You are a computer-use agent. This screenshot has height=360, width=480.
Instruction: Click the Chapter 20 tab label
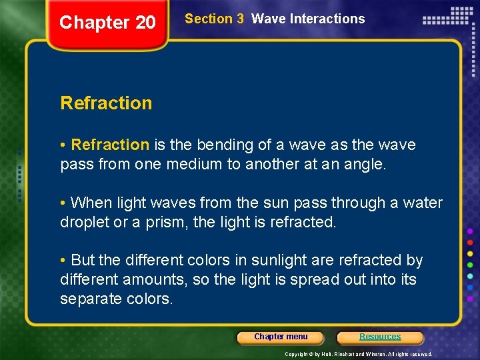(107, 23)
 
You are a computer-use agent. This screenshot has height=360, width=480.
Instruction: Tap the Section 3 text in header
(214, 19)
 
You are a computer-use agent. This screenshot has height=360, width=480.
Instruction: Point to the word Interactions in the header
(327, 19)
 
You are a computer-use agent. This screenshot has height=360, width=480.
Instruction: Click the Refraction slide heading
(106, 103)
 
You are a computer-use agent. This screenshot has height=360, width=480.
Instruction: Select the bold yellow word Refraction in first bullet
(110, 145)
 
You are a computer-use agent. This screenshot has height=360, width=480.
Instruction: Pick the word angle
(363, 164)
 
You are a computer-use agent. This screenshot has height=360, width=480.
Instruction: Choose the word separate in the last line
(91, 299)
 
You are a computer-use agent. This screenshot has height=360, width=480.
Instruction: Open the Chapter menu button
(281, 337)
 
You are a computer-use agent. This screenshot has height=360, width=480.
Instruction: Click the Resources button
(380, 337)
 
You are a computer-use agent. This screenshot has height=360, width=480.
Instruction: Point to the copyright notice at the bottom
(359, 354)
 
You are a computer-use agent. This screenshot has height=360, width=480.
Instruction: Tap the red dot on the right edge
(470, 241)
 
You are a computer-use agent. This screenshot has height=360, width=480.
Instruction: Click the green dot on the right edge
(470, 265)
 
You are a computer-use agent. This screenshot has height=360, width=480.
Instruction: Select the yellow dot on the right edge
(470, 253)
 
